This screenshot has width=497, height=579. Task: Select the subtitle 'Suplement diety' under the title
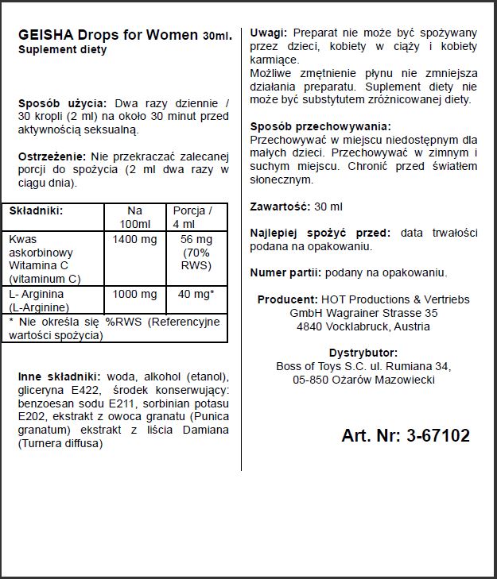61,49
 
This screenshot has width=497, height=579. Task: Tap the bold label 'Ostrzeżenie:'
52,156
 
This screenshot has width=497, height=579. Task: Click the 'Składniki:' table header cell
36,210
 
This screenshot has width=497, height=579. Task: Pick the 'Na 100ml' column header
134,217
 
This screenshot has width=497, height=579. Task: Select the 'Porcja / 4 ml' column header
192,217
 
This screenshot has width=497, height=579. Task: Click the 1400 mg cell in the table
134,239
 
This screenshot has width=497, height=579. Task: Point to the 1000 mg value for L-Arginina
134,294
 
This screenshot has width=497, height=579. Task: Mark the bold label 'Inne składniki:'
59,376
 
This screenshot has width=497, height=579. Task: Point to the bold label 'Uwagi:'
269,33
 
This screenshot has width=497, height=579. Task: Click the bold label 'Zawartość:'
279,206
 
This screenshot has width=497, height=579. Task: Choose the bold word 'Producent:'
289,299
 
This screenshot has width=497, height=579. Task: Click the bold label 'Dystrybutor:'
363,353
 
